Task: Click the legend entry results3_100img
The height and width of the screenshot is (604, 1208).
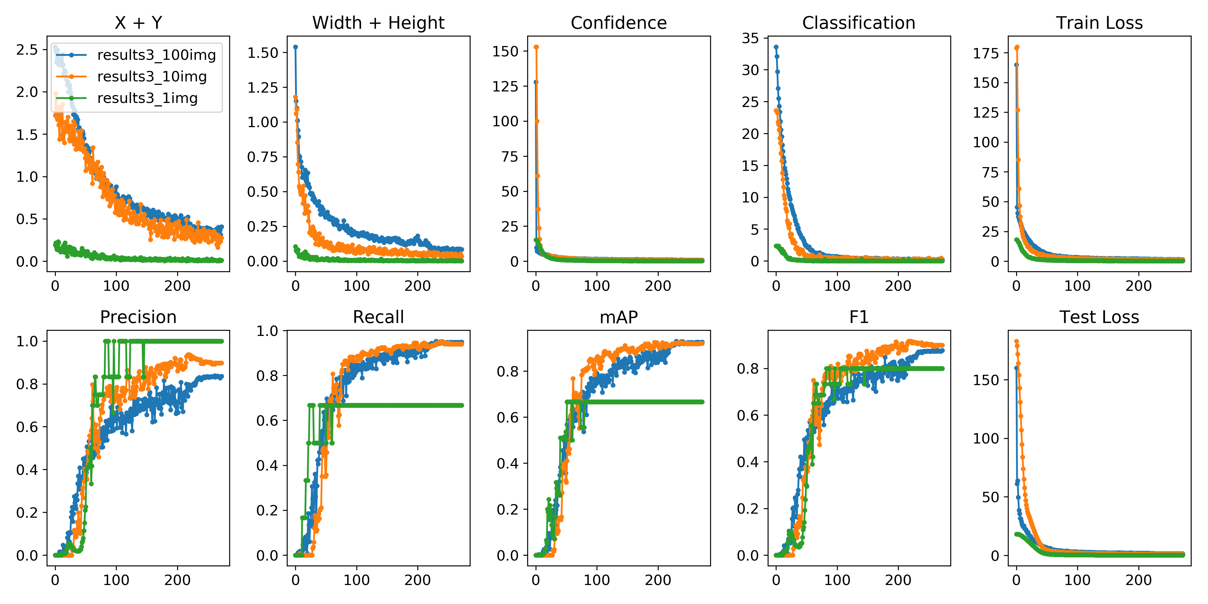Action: point(156,55)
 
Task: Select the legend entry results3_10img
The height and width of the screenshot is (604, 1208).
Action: point(152,77)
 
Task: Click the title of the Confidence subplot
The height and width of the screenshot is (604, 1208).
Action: point(619,22)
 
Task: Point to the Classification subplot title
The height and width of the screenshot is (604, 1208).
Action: point(859,22)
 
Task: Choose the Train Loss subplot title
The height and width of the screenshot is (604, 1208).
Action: point(1099,22)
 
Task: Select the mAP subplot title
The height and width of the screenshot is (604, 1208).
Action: point(619,317)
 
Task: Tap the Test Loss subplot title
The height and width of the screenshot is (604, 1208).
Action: point(1099,317)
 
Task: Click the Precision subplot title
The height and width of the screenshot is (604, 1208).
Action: point(138,317)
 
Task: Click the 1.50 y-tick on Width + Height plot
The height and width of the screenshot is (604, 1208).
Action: point(263,53)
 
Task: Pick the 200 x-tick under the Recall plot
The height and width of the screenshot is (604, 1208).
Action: point(417,580)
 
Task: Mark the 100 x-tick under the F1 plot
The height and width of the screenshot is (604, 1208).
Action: point(837,580)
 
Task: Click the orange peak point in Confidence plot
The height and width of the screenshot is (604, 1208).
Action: point(536,47)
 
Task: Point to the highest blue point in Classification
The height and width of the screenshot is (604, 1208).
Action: point(776,47)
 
